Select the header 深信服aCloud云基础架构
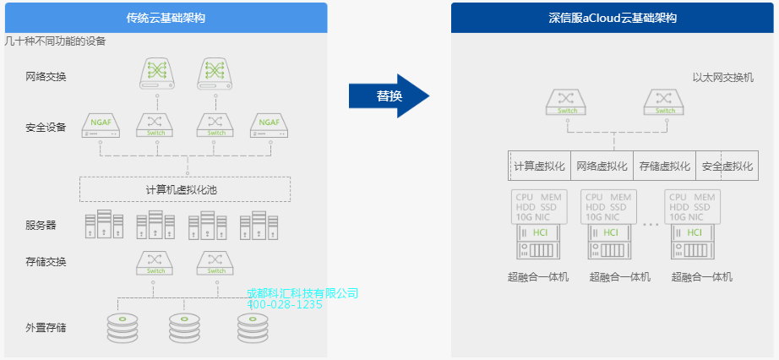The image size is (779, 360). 613,17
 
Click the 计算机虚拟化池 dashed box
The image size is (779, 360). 184,189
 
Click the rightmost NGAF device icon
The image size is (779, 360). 270,125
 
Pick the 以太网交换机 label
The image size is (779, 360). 722,77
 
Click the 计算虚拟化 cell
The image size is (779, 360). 540,166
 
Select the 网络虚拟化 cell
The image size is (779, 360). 602,166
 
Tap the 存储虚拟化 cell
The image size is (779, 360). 665,166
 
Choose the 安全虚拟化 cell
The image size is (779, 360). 727,166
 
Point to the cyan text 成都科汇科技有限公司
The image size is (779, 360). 302,293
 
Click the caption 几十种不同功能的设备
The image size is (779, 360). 55,41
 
